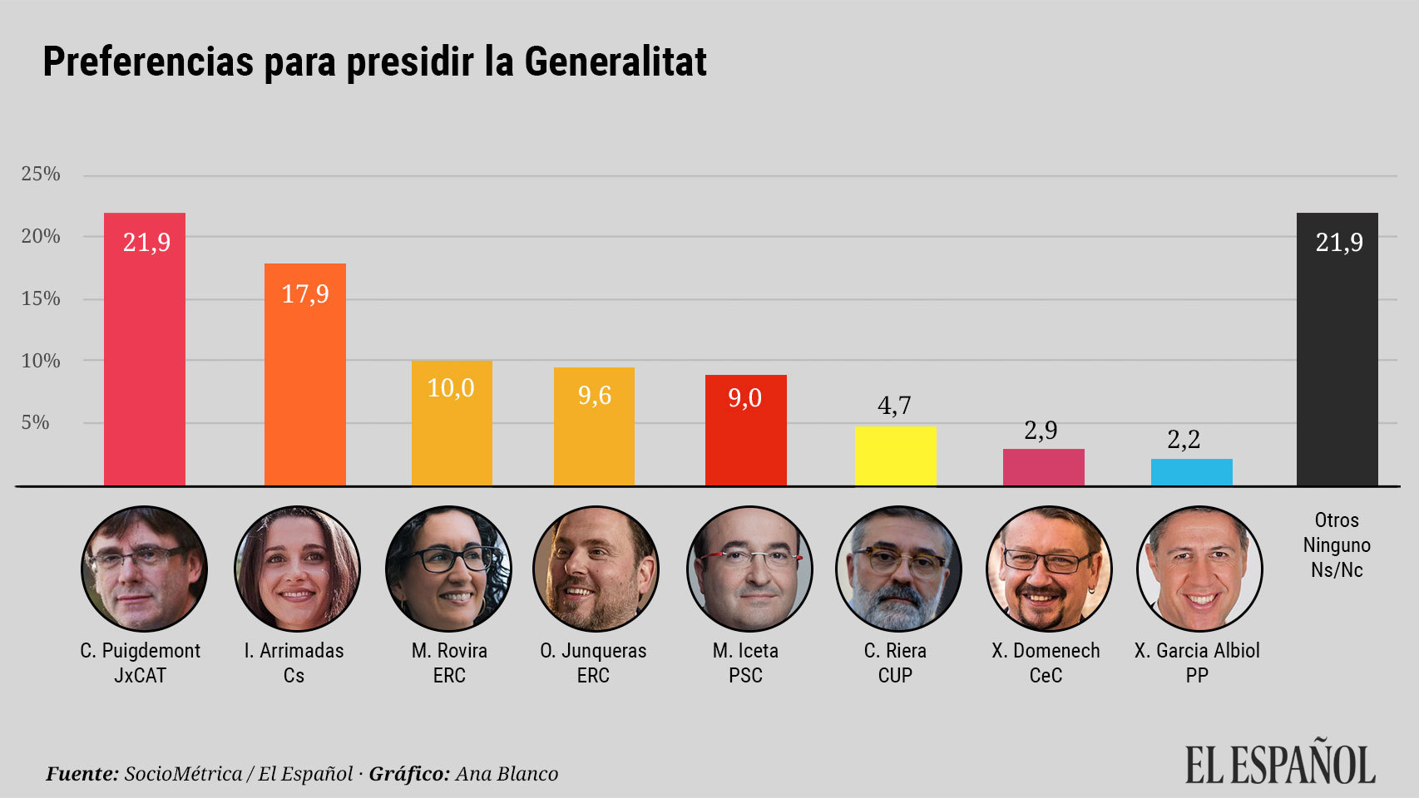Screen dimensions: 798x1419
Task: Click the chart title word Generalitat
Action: point(615,62)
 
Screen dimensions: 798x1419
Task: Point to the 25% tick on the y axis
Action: point(41,174)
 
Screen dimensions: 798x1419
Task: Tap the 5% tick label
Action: point(36,422)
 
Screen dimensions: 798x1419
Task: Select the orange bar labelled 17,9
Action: point(304,374)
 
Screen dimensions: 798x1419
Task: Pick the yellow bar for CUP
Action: point(895,456)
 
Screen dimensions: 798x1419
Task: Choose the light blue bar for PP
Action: point(1191,472)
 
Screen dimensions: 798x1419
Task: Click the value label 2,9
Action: point(1041,430)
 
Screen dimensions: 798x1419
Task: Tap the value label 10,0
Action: point(451,388)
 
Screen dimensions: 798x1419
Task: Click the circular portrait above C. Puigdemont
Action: point(144,569)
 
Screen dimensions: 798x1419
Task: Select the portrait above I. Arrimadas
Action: point(297,569)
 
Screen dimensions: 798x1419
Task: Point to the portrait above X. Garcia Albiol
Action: point(1199,569)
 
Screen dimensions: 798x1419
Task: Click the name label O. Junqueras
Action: point(593,650)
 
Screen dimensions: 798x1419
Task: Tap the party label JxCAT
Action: point(140,675)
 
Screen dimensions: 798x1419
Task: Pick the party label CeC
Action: point(1046,675)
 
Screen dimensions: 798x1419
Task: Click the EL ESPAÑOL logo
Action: point(1279,765)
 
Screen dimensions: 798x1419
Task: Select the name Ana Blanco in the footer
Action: point(507,774)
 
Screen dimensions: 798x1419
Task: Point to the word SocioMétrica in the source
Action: point(183,774)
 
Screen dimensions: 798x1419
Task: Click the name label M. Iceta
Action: point(745,650)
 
